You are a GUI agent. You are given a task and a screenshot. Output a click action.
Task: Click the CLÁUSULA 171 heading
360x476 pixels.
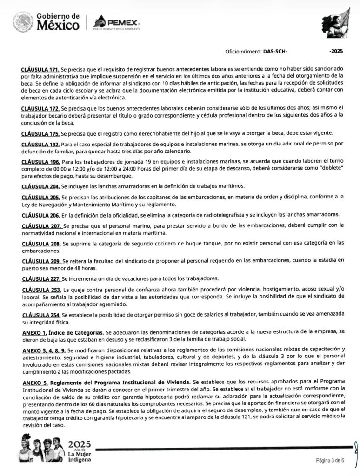[40, 69]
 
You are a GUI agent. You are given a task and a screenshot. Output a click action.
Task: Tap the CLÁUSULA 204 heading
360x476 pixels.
[40, 186]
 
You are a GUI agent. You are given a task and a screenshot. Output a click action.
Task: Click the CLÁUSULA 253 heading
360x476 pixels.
[40, 290]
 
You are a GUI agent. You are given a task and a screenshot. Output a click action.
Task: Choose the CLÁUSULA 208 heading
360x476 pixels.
[40, 243]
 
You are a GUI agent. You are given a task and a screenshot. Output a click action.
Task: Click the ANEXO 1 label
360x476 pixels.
[34, 333]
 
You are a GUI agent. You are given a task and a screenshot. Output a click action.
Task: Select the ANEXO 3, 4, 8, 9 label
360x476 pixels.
[44, 350]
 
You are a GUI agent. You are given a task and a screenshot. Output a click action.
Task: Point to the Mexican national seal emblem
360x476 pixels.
[23, 22]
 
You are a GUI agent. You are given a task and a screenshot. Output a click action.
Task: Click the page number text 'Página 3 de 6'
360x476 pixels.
[330, 461]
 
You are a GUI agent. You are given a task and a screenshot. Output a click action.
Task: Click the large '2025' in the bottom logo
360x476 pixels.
[80, 444]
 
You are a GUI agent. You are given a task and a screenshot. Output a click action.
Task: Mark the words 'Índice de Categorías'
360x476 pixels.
[76, 333]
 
